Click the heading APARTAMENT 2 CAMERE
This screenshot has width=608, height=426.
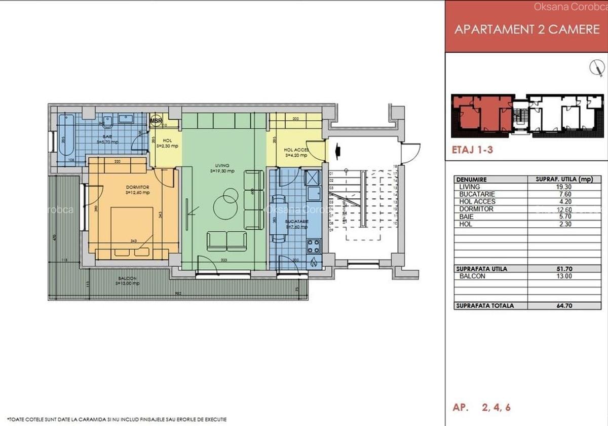[x=526, y=29]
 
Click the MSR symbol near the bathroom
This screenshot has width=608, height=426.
[x=156, y=121]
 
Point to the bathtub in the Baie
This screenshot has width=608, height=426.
[x=66, y=137]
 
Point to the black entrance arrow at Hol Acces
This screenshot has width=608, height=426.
[x=338, y=151]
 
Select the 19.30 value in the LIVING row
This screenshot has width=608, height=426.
[x=563, y=187]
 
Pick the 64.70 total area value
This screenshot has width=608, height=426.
[x=563, y=306]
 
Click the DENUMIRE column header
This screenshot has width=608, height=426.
[x=472, y=180]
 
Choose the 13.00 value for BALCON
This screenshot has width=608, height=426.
[x=563, y=276]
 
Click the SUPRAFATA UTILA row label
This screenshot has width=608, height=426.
[x=481, y=269]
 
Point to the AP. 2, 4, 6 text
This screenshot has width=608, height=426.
[x=481, y=407]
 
